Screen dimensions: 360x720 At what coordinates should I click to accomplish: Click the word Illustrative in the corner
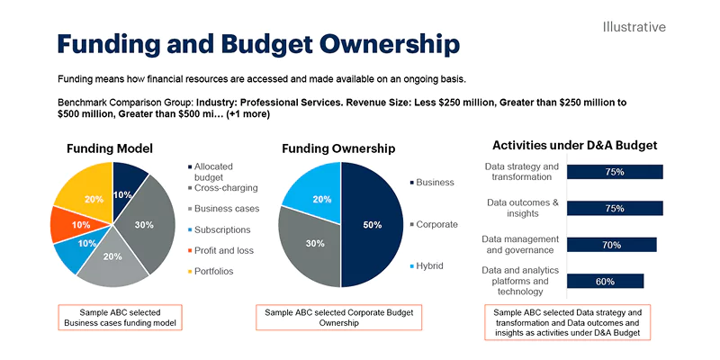pyautogui.click(x=634, y=27)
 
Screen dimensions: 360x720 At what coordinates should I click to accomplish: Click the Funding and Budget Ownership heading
pyautogui.click(x=258, y=44)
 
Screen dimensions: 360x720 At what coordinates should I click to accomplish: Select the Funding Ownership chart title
pyautogui.click(x=338, y=148)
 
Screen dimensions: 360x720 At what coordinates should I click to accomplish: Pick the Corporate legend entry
pyautogui.click(x=436, y=224)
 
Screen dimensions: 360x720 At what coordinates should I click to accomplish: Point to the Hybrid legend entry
pyautogui.click(x=430, y=266)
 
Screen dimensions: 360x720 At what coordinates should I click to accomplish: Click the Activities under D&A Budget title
pyautogui.click(x=575, y=145)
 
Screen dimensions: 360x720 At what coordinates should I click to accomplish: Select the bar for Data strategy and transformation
pyautogui.click(x=616, y=172)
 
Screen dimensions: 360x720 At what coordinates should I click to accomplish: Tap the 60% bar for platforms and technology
pyautogui.click(x=605, y=281)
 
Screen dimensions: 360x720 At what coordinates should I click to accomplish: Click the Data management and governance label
pyautogui.click(x=520, y=245)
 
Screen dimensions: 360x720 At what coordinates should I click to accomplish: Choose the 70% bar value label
pyautogui.click(x=612, y=245)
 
